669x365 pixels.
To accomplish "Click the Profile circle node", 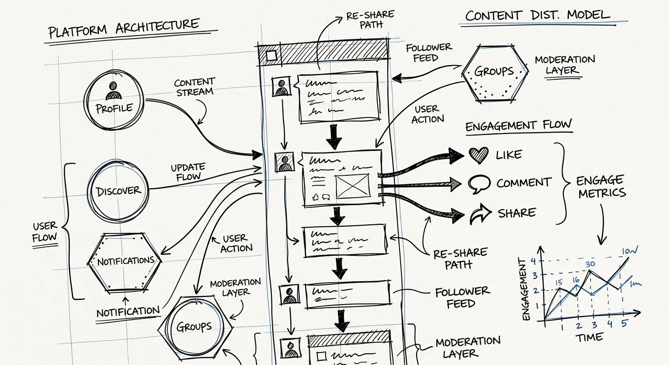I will [x=114, y=101].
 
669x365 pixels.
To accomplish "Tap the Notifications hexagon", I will [x=125, y=262].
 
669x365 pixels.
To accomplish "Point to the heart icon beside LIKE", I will [x=478, y=154].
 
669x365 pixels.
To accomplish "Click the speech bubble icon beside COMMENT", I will [x=478, y=184].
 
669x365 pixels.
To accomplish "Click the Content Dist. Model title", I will [x=537, y=15].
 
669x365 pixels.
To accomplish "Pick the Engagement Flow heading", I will [x=518, y=126].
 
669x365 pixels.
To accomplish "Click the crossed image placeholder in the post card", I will [x=352, y=186].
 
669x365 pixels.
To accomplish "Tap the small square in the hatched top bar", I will [x=271, y=56].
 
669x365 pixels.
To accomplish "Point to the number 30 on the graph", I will [x=590, y=265].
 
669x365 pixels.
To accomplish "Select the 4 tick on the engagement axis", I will [x=533, y=260].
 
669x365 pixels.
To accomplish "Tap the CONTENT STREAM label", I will [x=195, y=87].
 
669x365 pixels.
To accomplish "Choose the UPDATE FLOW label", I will [x=188, y=172].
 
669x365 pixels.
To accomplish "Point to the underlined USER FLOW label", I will [x=45, y=231].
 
